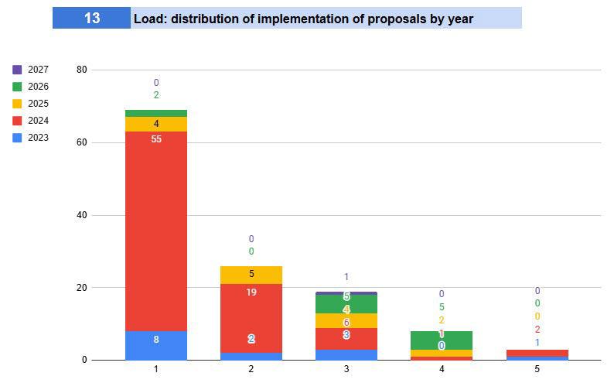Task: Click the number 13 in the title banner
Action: [92, 18]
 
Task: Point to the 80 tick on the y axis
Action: [82, 70]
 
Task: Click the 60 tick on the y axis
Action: [82, 142]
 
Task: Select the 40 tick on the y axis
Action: [82, 215]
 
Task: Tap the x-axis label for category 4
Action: [442, 370]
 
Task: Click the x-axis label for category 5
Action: [537, 370]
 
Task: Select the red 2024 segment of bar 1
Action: [156, 232]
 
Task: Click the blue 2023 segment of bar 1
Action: [156, 346]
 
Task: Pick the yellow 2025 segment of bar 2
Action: [251, 275]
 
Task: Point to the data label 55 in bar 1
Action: [156, 139]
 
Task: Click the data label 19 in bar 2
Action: [251, 292]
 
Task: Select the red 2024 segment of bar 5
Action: [537, 353]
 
